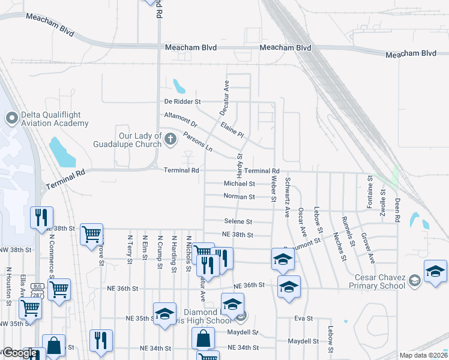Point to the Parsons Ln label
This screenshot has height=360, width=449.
[197, 141]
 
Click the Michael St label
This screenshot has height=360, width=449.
[240, 184]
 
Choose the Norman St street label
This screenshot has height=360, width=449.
[240, 197]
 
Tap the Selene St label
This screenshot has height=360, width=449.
[238, 222]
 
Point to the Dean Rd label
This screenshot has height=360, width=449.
[397, 210]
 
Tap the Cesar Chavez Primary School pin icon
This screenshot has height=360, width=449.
[414, 281]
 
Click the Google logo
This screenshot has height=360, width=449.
[20, 353]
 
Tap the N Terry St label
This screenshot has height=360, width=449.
[130, 246]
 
